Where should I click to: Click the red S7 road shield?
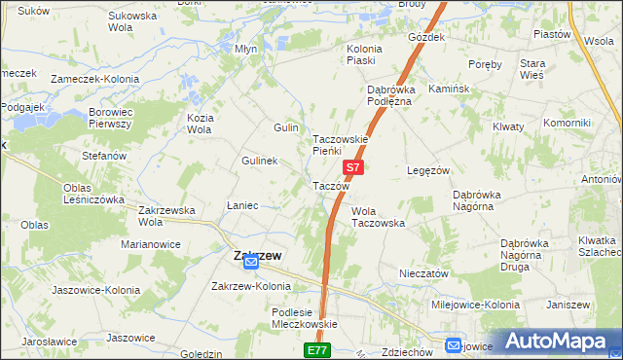tap(353, 167)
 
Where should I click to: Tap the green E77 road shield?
tap(317, 349)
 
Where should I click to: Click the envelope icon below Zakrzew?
tap(251, 263)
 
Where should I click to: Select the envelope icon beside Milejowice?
tap(454, 345)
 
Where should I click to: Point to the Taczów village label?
tap(330, 186)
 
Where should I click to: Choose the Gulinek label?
tap(261, 161)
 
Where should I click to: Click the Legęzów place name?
tap(427, 170)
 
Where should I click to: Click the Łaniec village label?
tap(241, 205)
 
